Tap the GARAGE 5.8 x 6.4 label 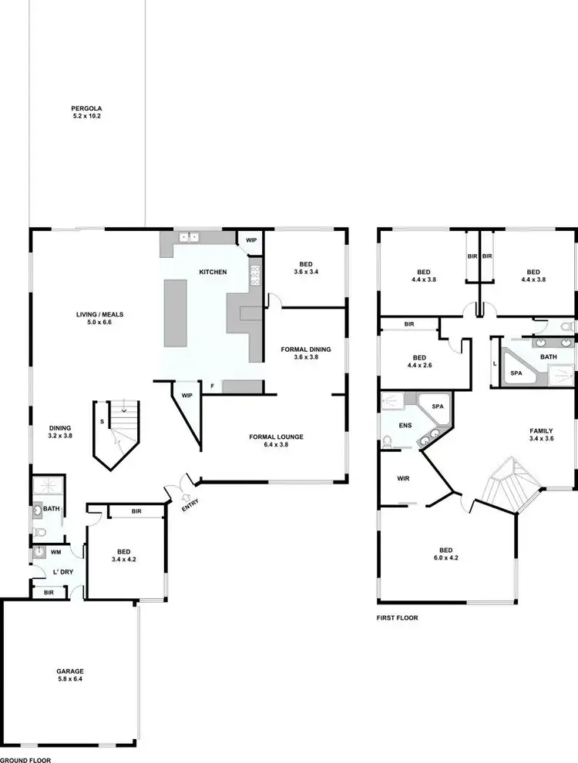[x=70, y=675]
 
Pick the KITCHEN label [x=213, y=273]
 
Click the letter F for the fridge [x=213, y=385]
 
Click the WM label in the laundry [x=55, y=552]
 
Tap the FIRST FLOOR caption [x=397, y=617]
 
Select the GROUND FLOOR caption [x=25, y=758]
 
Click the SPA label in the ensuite [x=437, y=406]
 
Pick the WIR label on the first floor [x=402, y=478]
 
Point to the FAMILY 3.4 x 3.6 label [x=540, y=434]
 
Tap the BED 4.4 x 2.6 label [x=420, y=361]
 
